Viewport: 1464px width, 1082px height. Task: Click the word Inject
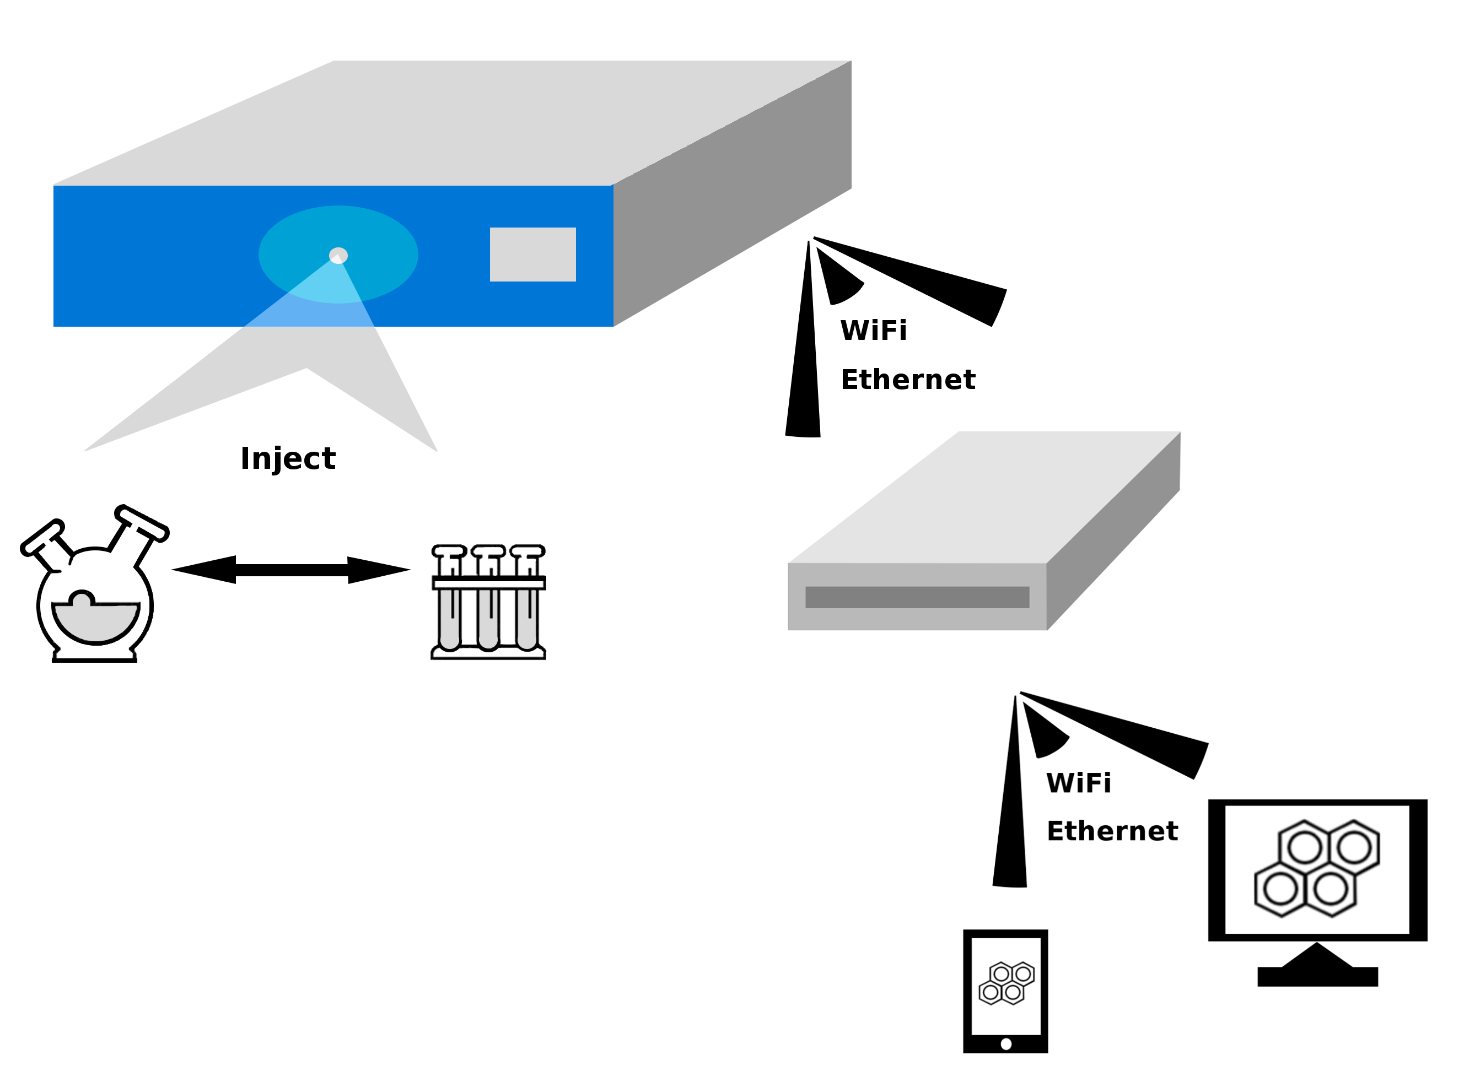tap(288, 458)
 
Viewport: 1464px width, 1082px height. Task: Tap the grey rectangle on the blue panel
tap(533, 255)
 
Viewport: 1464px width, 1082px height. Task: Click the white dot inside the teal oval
tap(338, 256)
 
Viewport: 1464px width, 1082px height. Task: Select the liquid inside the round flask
tap(96, 621)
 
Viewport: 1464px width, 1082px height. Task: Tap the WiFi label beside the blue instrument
tap(874, 331)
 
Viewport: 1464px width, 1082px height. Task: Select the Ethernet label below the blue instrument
tap(908, 380)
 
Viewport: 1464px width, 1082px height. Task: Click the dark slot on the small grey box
tap(917, 597)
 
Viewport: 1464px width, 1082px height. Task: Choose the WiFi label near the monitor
tap(1079, 783)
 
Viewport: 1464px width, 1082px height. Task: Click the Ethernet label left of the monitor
tap(1112, 831)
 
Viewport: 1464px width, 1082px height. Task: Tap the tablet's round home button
tap(1006, 1044)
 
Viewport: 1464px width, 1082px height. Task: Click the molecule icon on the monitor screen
tap(1317, 868)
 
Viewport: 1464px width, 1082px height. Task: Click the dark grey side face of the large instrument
tap(734, 197)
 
